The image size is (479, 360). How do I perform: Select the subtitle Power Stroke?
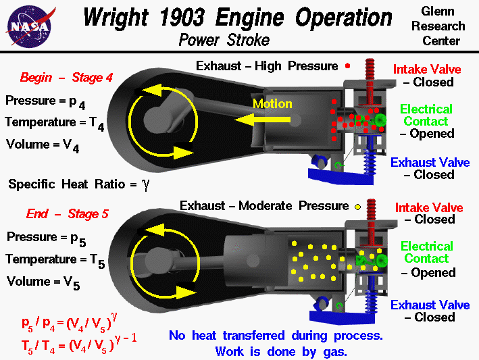point(224,40)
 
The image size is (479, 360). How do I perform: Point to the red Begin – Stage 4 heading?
point(66,78)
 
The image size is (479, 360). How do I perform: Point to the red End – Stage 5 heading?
point(67,215)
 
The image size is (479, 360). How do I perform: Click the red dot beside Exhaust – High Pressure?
point(347,66)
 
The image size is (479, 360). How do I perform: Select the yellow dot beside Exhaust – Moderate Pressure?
point(357,206)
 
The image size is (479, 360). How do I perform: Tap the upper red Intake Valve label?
point(427,69)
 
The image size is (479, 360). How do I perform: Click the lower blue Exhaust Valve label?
point(430,305)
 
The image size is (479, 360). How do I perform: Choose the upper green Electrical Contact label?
point(426,115)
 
